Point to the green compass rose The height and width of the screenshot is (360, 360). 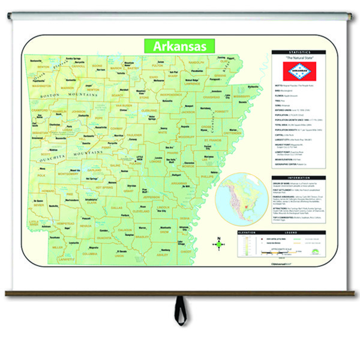pos(219,244)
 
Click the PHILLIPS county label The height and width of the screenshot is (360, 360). pos(208,177)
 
